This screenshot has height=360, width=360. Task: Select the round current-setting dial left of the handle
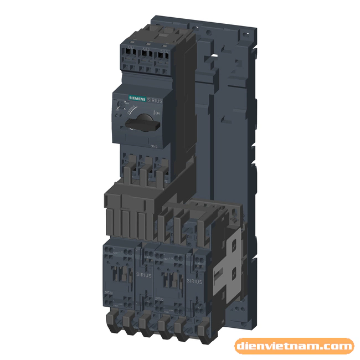click(120, 105)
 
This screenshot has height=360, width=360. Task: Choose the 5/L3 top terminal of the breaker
click(164, 54)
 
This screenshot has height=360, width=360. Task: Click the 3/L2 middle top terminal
click(146, 53)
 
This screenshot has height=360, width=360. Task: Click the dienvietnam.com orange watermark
click(294, 347)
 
